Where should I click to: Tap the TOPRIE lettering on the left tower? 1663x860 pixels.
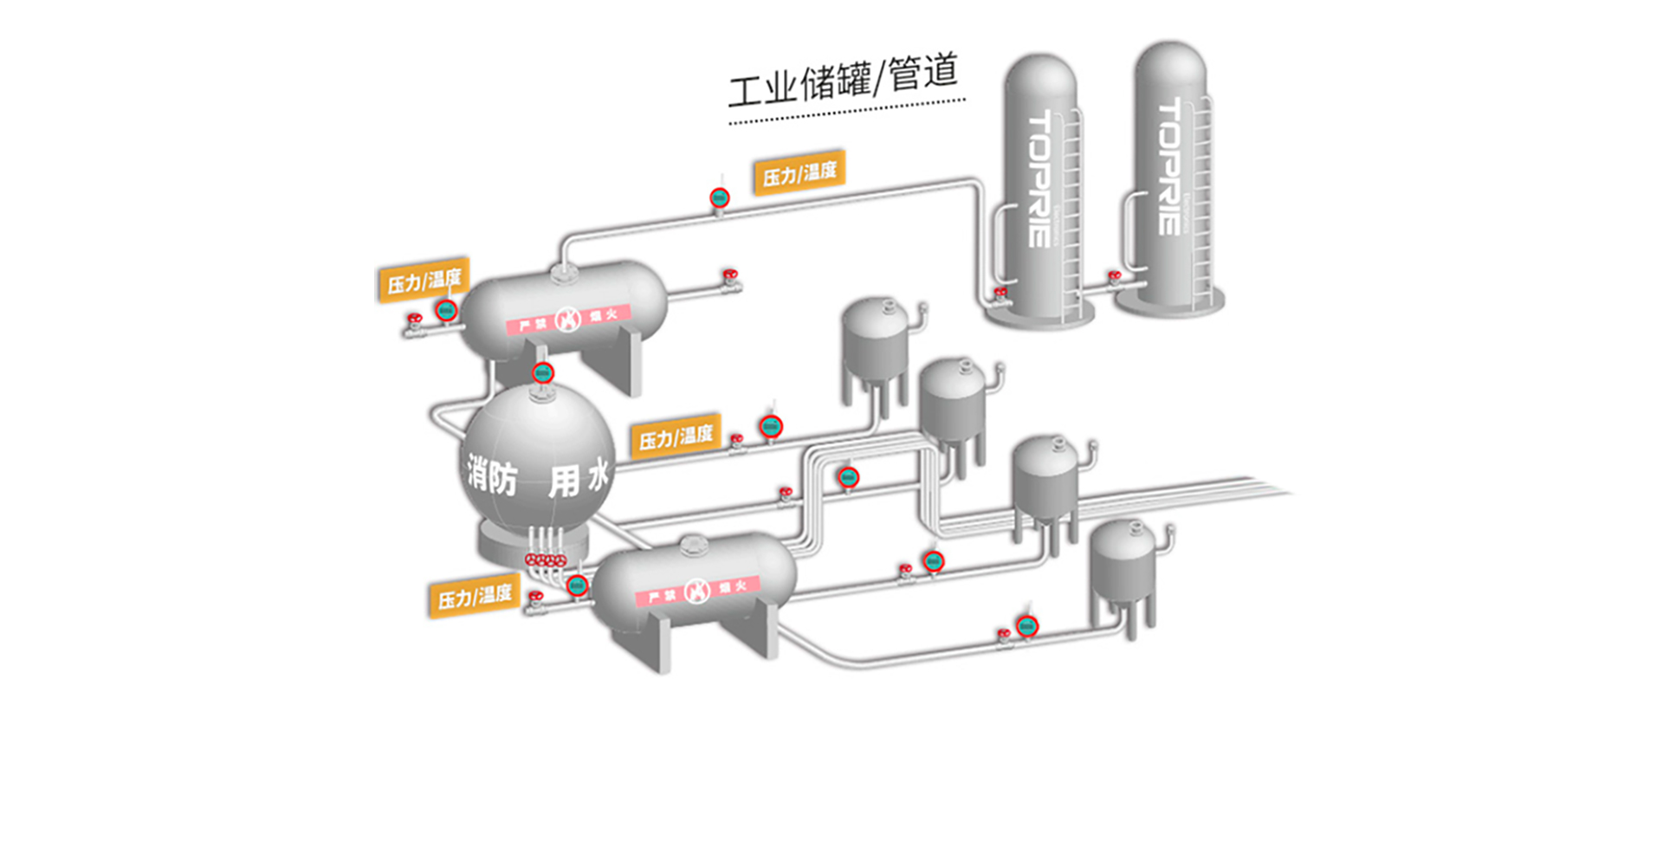coord(1039,178)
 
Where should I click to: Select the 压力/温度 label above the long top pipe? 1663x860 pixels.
coord(799,172)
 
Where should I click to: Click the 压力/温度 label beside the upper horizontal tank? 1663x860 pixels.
coord(424,280)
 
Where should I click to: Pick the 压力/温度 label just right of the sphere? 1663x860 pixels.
coord(676,437)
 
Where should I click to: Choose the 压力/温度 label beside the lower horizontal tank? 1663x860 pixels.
coord(474,597)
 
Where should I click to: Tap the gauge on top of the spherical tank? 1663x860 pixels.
coord(542,373)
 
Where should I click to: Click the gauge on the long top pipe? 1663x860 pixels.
coord(719,198)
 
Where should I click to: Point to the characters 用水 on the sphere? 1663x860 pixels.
coord(579,478)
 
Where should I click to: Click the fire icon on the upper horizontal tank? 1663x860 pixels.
coord(567,320)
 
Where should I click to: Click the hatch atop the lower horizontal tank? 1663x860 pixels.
coord(693,545)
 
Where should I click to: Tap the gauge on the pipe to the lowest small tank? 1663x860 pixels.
coord(1027,625)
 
